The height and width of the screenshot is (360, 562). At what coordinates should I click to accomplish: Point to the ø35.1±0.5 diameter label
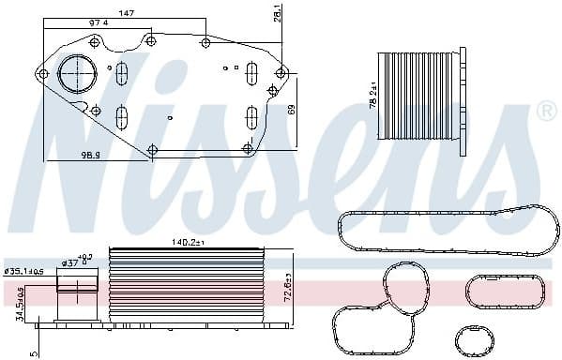(x=24, y=273)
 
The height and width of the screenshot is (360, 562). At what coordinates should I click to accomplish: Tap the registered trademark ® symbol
(x=547, y=113)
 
